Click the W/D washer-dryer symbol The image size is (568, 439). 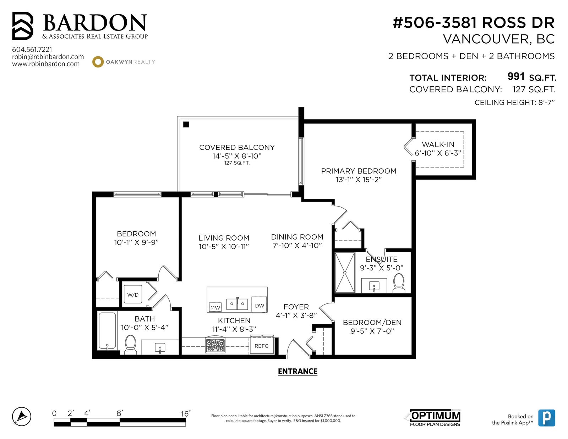click(132, 295)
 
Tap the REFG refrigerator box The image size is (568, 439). click(261, 346)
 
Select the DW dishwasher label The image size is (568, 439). click(259, 306)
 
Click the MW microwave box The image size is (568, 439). click(215, 308)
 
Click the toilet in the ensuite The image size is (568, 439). click(399, 283)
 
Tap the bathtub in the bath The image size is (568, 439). click(107, 330)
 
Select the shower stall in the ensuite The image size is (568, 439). click(345, 273)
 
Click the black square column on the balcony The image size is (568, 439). click(186, 124)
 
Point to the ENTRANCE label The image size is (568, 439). click(297, 371)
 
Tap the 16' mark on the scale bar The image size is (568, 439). click(185, 414)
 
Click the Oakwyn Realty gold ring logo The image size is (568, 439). click(98, 62)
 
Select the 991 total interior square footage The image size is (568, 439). click(516, 76)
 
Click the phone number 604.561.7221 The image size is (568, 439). click(32, 49)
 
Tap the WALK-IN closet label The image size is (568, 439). click(438, 144)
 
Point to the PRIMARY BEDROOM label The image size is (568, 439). click(359, 171)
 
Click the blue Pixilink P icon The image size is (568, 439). click(547, 418)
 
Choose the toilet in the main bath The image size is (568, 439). click(130, 344)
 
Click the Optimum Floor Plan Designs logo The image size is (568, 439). click(435, 418)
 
